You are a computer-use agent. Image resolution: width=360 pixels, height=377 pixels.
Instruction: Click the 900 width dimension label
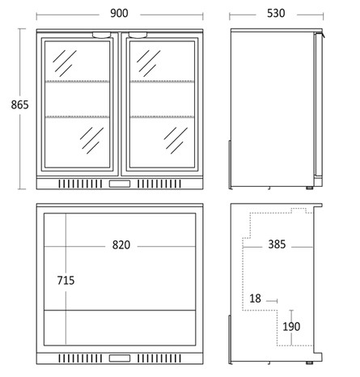coord(119,13)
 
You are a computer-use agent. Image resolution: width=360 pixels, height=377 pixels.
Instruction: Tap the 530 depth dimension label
coord(276,13)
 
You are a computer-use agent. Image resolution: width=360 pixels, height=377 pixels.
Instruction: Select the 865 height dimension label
coord(19,104)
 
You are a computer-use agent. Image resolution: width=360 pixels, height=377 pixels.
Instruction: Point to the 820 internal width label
coord(121,245)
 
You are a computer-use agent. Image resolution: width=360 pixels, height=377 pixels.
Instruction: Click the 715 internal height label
coord(66,281)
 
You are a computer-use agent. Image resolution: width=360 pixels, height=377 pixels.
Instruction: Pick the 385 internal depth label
coord(277,244)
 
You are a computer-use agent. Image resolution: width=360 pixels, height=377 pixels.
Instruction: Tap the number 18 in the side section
coord(255,299)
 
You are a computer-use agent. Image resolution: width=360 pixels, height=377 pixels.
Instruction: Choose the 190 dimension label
coord(291,327)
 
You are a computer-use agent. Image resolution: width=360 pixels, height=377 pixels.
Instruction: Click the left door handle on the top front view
coord(102,35)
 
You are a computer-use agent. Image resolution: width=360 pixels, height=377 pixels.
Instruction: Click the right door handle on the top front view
coord(138,35)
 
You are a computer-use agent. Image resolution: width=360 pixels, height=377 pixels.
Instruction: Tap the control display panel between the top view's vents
coord(120,184)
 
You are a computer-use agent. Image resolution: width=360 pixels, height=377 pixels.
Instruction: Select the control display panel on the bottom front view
coord(120,358)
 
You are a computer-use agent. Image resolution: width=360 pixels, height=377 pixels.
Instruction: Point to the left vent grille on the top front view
coord(80,184)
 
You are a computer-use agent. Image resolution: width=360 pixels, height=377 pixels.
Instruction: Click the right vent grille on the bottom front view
coord(159,358)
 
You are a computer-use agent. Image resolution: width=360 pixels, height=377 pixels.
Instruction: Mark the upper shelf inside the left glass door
coord(77,81)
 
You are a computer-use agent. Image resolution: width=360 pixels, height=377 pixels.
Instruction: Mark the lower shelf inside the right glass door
coord(162,116)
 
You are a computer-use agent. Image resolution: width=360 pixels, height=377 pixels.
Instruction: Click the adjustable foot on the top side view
coord(310,188)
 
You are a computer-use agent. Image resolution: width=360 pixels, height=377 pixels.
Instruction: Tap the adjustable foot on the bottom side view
coord(310,362)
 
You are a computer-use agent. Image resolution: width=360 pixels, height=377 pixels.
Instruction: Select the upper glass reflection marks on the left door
coord(65,63)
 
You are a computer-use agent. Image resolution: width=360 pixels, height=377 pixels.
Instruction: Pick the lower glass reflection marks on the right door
coord(176,140)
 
